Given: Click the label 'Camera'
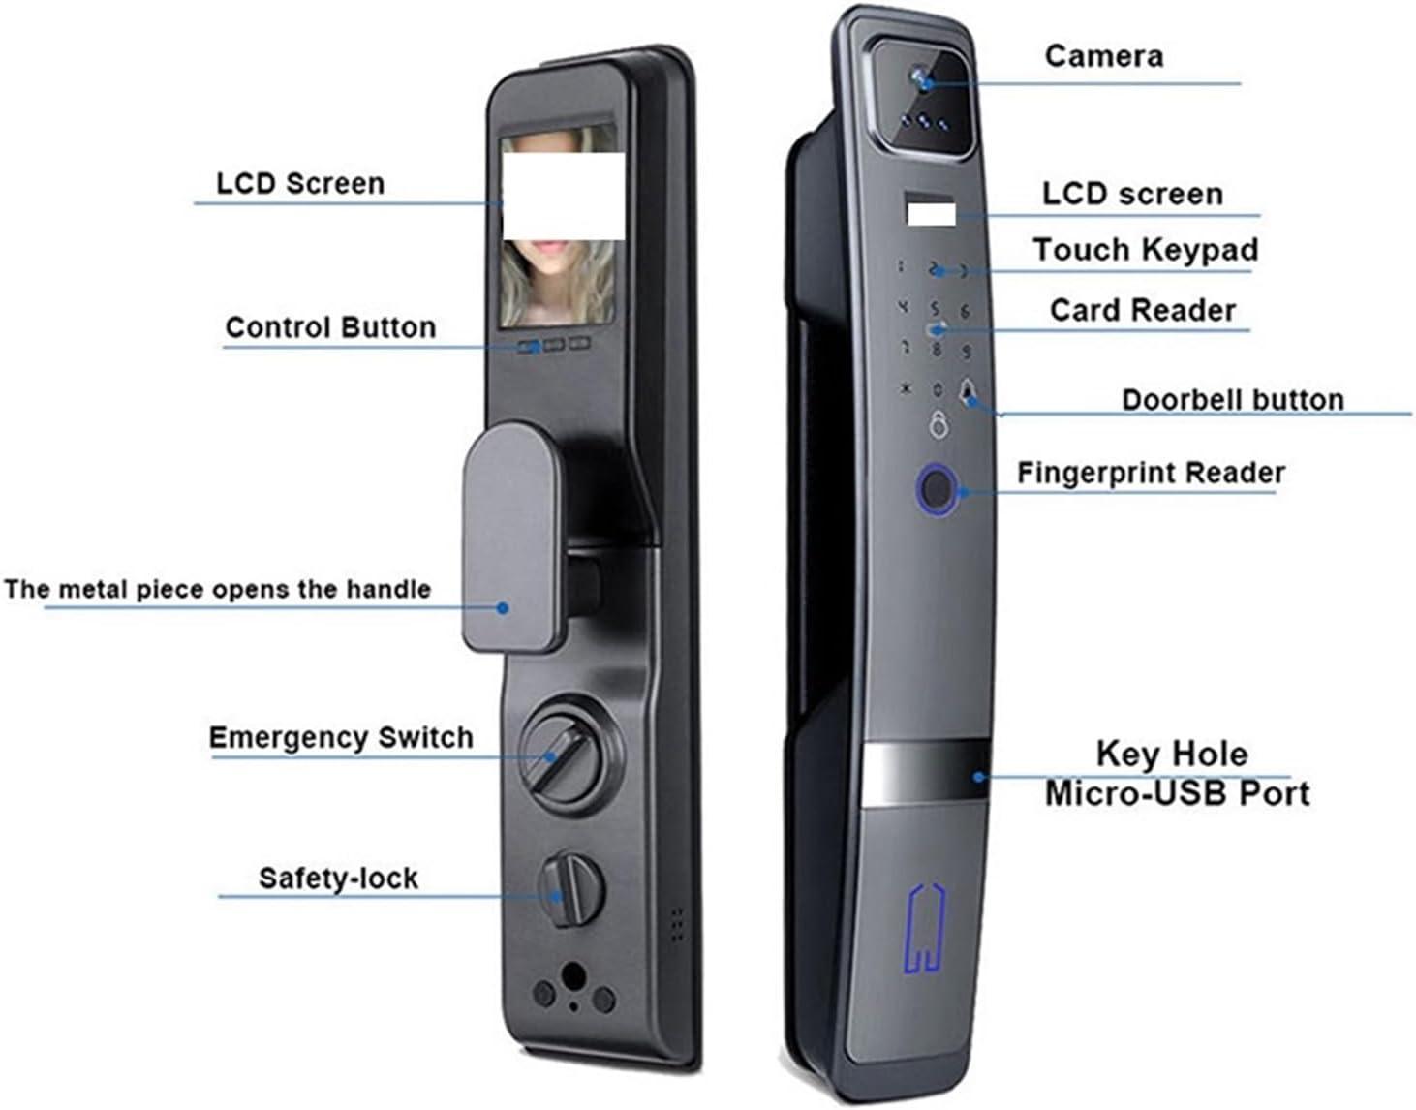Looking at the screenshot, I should (x=1103, y=56).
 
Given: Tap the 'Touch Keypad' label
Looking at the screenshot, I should (x=1145, y=250).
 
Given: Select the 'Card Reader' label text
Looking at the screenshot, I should (x=1143, y=310).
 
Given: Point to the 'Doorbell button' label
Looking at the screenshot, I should (x=1232, y=400).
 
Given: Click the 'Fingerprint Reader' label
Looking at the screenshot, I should (x=1151, y=473).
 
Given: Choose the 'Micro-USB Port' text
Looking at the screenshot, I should (x=1177, y=793).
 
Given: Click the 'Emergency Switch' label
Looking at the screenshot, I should (x=341, y=738).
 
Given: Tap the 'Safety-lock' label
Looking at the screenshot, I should (x=338, y=879).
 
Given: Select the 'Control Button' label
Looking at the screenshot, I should (x=330, y=327).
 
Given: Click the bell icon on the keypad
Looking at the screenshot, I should (x=968, y=392).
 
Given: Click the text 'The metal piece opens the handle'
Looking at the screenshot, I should (x=217, y=590).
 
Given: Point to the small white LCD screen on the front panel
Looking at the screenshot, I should (x=930, y=210).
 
